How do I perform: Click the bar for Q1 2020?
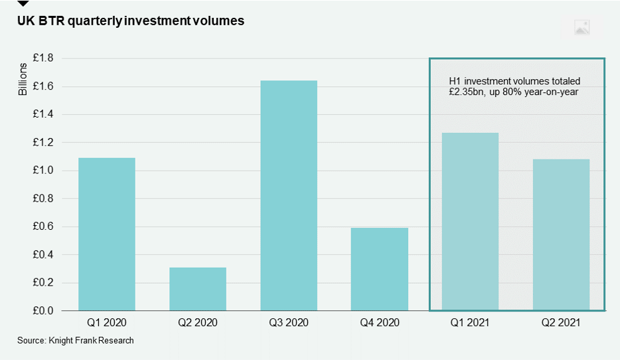[106, 234]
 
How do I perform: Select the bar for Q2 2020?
[198, 289]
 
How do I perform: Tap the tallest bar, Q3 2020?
[289, 195]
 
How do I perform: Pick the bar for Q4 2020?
[380, 269]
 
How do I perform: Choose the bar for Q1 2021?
[470, 221]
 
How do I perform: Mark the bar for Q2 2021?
[561, 234]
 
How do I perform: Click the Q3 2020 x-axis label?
[289, 323]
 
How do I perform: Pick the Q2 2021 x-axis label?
[561, 323]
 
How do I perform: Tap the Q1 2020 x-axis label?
[106, 323]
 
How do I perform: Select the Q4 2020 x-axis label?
[380, 323]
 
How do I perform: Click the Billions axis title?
[23, 79]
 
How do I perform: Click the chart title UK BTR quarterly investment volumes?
[131, 21]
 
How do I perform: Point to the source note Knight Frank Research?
[76, 341]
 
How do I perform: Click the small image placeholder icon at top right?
[581, 27]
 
